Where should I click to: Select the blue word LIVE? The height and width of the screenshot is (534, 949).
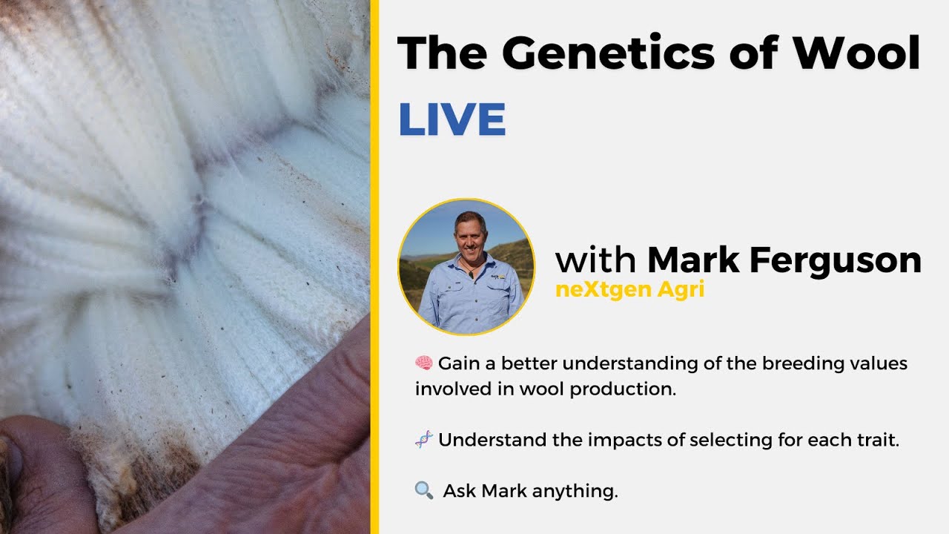point(452,119)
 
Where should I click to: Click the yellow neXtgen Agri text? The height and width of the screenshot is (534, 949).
point(629,290)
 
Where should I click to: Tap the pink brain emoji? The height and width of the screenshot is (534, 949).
point(424,363)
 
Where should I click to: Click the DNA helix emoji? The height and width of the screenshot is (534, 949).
point(424,440)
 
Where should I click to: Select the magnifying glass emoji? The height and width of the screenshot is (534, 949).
point(424,490)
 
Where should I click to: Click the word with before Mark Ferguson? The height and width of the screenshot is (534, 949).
point(595,260)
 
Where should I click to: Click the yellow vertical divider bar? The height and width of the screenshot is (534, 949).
point(374,267)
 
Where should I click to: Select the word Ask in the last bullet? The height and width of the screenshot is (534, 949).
point(460,491)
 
